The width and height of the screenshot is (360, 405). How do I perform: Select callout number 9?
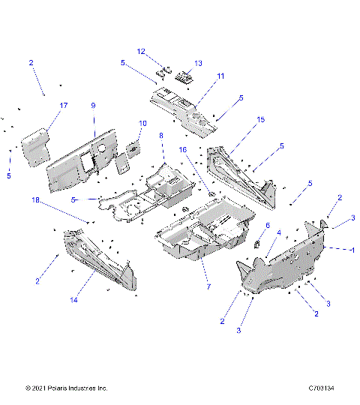tap(94, 106)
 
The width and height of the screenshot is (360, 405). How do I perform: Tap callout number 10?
tap(142, 123)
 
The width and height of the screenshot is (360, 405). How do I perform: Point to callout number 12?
tap(140, 51)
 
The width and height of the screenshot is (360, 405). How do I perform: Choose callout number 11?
tap(220, 76)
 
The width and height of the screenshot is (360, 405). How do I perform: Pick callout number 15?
tap(260, 120)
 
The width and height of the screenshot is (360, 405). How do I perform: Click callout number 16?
tap(182, 150)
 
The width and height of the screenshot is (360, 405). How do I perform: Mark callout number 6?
tap(266, 225)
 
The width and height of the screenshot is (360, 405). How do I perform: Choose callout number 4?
tap(280, 233)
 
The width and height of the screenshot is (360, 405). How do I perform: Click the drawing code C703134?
tap(325, 388)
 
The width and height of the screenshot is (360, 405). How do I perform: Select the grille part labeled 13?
tap(184, 76)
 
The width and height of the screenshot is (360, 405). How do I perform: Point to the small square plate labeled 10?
tap(133, 148)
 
